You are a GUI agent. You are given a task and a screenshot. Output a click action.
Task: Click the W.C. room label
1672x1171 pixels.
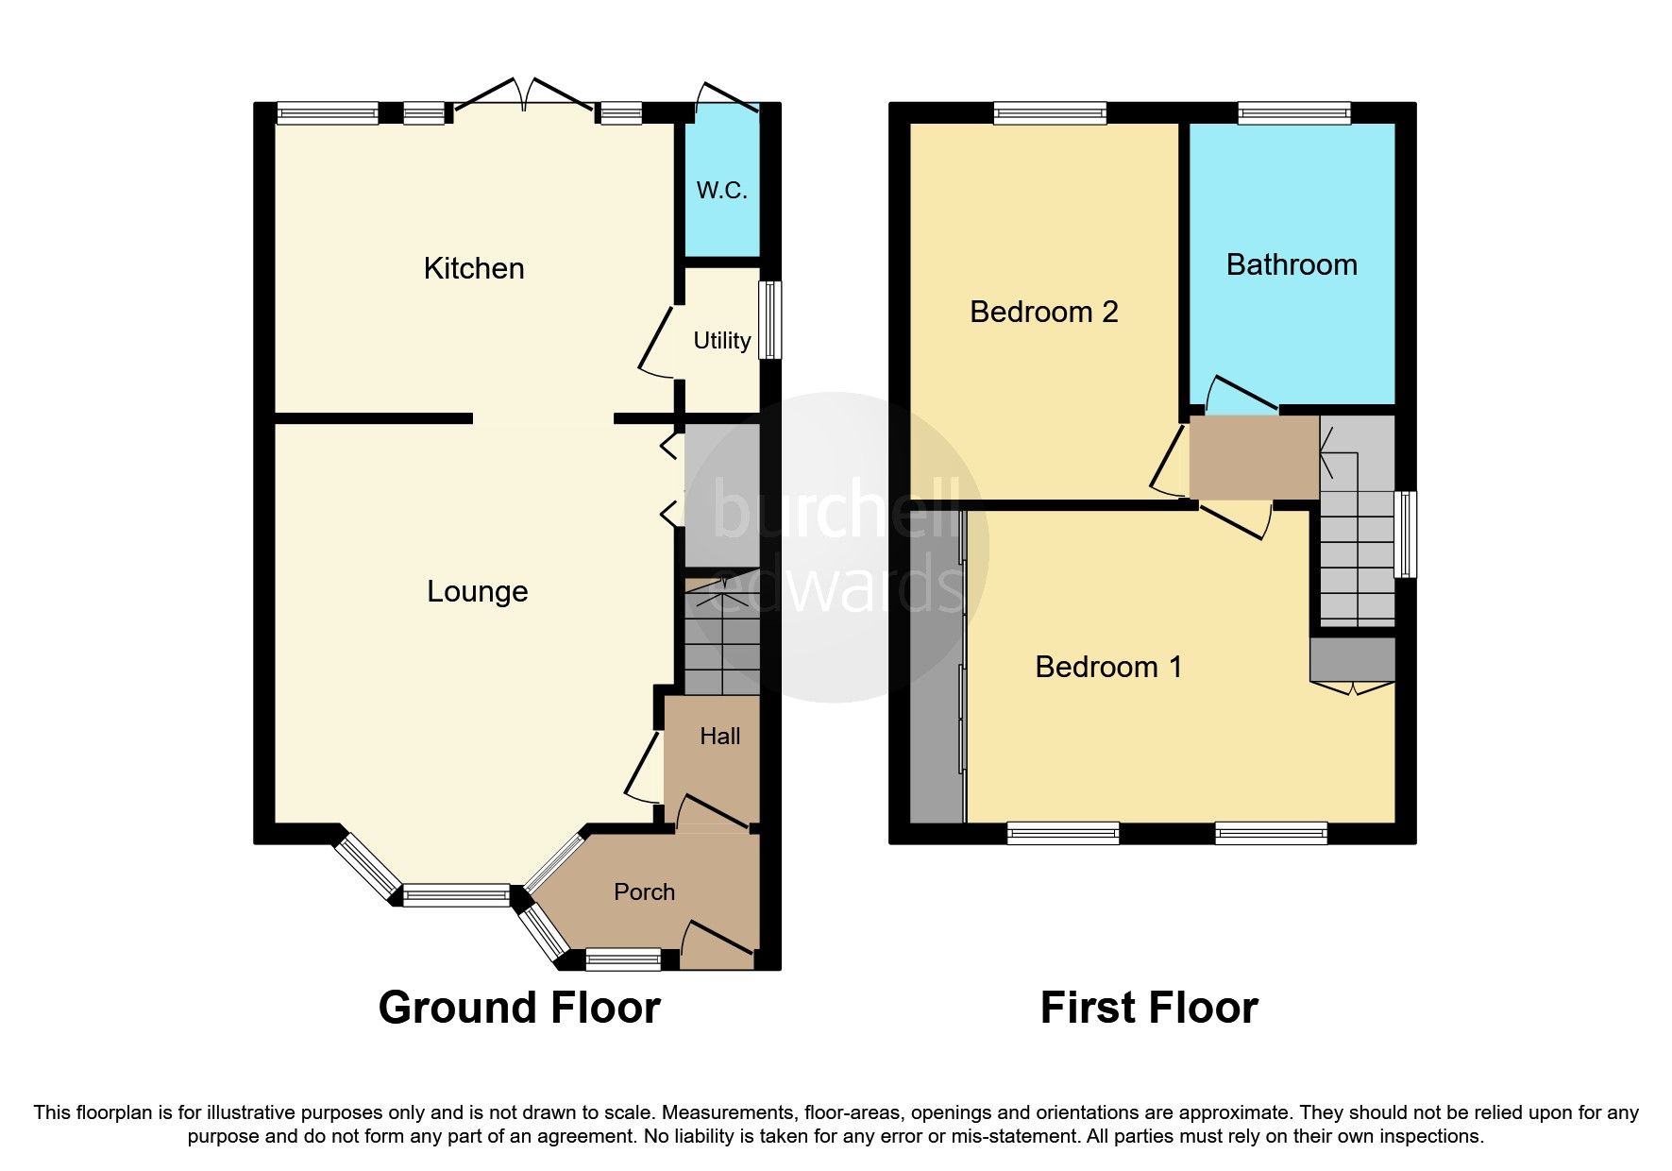[722, 191]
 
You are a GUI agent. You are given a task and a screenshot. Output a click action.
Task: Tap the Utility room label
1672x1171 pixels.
[722, 341]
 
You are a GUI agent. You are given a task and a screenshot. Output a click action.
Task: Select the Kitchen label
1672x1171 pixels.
[474, 269]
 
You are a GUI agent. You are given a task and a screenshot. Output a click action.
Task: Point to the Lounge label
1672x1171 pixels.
[478, 592]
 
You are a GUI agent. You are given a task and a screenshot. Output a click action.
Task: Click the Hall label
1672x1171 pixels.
[719, 737]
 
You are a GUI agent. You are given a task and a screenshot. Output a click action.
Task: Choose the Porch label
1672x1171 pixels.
[645, 892]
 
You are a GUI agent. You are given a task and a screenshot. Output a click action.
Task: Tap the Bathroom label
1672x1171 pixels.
[1292, 265]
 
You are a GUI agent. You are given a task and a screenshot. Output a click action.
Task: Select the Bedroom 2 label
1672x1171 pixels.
[1044, 313]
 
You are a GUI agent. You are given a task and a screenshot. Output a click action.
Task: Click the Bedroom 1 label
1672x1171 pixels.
[1108, 668]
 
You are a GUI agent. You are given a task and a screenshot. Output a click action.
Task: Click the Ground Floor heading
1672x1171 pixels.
[519, 1009]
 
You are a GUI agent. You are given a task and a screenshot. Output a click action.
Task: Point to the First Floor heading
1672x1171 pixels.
[1149, 1009]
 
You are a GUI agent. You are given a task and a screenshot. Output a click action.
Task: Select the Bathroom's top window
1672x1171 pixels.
[1294, 113]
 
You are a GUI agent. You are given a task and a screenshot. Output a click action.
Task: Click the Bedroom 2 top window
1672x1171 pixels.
[1050, 113]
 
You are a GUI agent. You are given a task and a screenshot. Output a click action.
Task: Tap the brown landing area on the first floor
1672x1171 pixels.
[1253, 458]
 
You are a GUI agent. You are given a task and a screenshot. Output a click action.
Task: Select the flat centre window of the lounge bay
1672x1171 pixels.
[457, 895]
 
